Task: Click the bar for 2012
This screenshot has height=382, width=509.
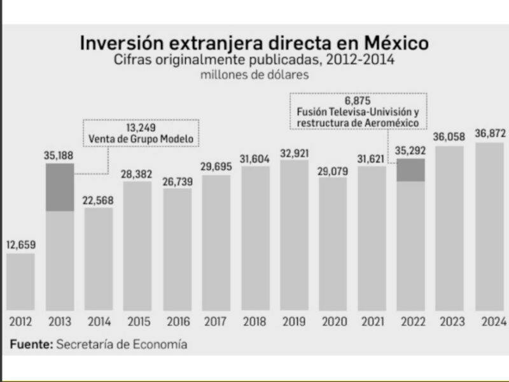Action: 21,281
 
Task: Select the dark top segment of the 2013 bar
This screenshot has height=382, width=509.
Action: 60,187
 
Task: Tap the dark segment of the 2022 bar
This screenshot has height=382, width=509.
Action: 411,170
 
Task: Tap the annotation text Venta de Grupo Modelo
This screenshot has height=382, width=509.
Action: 141,139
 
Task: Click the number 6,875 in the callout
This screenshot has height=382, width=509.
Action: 358,101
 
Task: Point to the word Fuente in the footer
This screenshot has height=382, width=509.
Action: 30,344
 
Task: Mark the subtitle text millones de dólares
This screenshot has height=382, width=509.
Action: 254,75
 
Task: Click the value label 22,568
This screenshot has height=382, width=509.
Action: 99,198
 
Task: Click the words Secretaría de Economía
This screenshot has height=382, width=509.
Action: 122,344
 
